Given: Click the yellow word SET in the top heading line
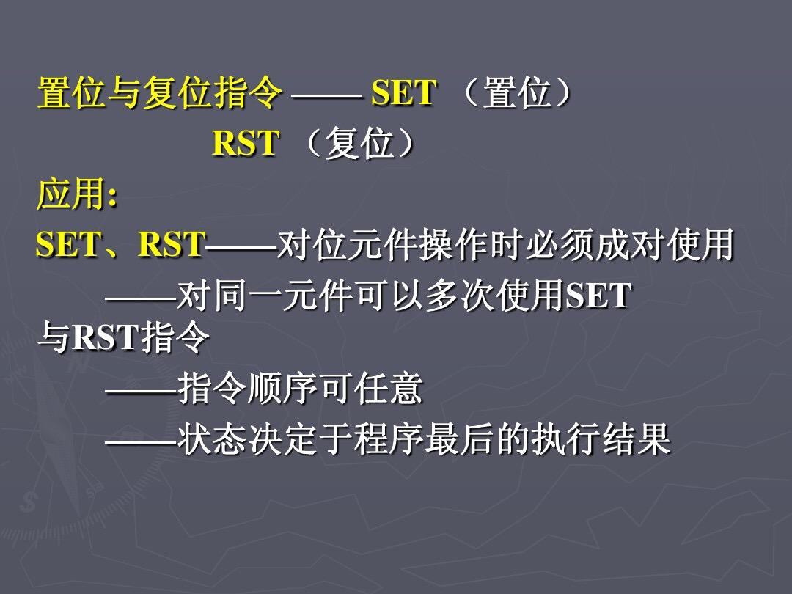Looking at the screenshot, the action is (x=403, y=93).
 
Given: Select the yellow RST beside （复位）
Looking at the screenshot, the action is (x=245, y=143).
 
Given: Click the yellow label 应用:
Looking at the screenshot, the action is (x=77, y=194).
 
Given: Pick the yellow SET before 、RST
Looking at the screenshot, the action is (x=68, y=244).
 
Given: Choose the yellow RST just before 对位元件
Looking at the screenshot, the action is (x=172, y=244).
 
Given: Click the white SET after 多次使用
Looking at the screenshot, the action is (x=598, y=296).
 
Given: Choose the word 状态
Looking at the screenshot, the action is (x=211, y=439).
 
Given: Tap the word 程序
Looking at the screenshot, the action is (x=388, y=439).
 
